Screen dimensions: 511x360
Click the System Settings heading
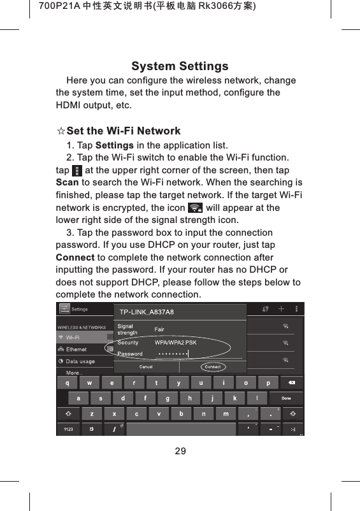pyautogui.click(x=180, y=66)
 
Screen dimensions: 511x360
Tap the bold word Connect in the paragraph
pyautogui.click(x=75, y=257)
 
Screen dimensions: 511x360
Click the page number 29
pyautogui.click(x=180, y=451)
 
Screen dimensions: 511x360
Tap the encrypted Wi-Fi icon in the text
pyautogui.click(x=196, y=208)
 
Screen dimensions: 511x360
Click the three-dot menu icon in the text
pyautogui.click(x=77, y=171)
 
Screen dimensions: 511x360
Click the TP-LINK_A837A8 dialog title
pyautogui.click(x=147, y=312)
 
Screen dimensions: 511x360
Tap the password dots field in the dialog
pyautogui.click(x=173, y=354)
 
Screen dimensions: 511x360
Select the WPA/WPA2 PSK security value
pyautogui.click(x=175, y=342)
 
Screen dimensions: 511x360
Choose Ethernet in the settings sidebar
pyautogui.click(x=76, y=349)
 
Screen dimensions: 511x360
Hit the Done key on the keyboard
pyautogui.click(x=286, y=398)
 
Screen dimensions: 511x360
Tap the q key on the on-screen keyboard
pyautogui.click(x=68, y=383)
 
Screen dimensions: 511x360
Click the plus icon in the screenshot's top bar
pyautogui.click(x=281, y=309)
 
